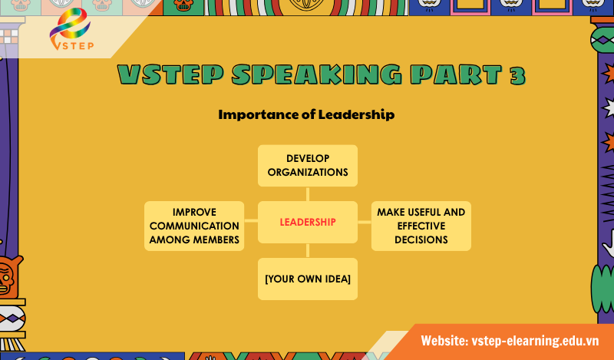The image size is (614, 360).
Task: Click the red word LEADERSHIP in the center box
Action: pos(308,223)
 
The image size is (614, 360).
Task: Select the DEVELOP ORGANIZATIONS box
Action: pos(308,165)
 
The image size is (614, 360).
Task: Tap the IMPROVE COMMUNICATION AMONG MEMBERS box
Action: pos(194,226)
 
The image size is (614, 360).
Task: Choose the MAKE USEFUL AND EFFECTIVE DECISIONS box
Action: pos(421,226)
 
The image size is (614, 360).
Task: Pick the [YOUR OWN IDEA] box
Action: pos(308,278)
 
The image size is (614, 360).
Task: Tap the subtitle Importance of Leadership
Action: pos(306,115)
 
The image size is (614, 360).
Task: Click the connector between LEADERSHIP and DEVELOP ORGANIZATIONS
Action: pos(308,193)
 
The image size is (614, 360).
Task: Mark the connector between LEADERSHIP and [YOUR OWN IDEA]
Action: pos(308,251)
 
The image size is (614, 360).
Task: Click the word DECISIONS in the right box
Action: pos(421,239)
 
